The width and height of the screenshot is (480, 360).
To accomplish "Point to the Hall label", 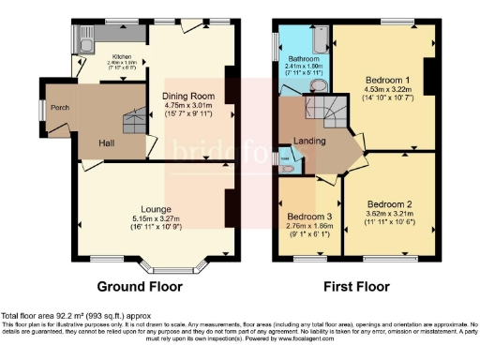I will coord(109,142).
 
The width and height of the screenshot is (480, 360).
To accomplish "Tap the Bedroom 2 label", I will coord(388,203).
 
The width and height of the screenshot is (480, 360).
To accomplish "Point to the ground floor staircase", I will coord(134,122).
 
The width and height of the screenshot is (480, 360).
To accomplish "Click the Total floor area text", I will coord(75,316).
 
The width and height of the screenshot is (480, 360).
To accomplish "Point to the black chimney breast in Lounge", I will coord(230,207).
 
